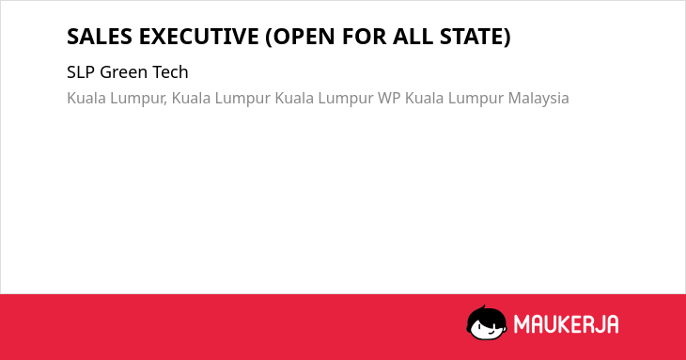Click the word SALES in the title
point(100,37)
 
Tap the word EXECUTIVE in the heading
point(198,37)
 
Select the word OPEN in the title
point(304,37)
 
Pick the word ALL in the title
point(413,37)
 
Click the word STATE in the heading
point(471,37)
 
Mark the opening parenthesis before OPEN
point(269,37)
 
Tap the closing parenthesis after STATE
point(507,37)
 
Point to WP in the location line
point(389,98)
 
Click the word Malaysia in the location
point(538,99)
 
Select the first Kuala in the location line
point(86,98)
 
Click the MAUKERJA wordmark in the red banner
point(566,324)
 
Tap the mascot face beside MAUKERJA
point(487,322)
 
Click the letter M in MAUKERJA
point(521,324)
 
